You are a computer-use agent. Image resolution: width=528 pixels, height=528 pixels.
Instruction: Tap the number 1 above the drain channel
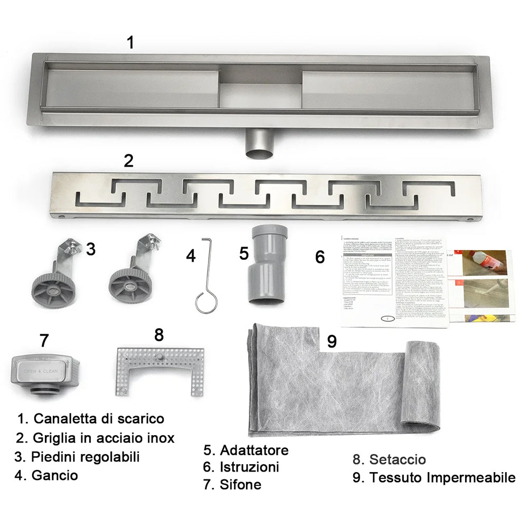click(130, 43)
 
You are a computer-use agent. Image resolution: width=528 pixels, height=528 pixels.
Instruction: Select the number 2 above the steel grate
click(128, 161)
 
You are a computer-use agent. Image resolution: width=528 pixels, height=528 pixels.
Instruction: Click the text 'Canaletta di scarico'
click(99, 419)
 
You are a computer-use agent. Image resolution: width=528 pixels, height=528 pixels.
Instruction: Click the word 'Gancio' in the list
click(54, 475)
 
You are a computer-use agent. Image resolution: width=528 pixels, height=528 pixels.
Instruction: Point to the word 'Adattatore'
click(254, 450)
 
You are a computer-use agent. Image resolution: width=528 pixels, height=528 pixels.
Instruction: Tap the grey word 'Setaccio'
click(397, 460)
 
